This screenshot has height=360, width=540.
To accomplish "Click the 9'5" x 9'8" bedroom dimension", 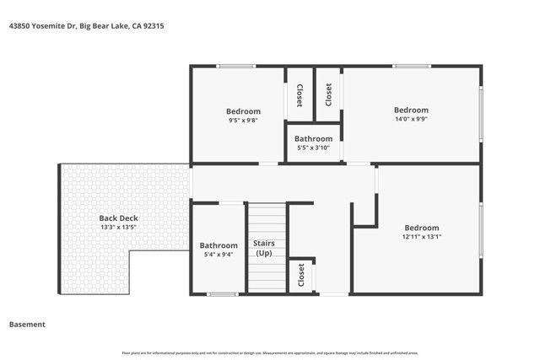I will (x=243, y=121).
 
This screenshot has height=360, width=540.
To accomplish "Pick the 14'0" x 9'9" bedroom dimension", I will (x=411, y=119).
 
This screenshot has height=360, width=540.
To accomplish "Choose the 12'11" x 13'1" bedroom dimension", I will (x=421, y=237).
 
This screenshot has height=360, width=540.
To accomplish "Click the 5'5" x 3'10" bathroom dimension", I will (x=313, y=148).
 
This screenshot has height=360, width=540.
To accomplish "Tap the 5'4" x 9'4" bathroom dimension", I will (x=218, y=255).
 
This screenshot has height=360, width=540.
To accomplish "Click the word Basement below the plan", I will (x=27, y=324).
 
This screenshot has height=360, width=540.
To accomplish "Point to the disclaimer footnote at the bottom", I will (x=270, y=352).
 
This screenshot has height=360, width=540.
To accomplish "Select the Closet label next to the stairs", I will (x=301, y=276).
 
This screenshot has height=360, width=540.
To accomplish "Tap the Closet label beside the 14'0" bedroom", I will (x=328, y=94).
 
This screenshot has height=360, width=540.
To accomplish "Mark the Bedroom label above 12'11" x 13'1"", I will (x=421, y=228).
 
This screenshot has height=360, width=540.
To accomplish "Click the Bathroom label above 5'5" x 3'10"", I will (x=313, y=139).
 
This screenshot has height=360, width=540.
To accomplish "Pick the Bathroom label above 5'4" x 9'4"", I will (x=218, y=245).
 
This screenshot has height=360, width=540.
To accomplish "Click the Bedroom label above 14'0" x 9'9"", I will (x=411, y=110).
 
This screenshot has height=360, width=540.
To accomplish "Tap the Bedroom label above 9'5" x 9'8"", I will (x=243, y=111).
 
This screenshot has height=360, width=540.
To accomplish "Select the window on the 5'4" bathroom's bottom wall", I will (x=222, y=293).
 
